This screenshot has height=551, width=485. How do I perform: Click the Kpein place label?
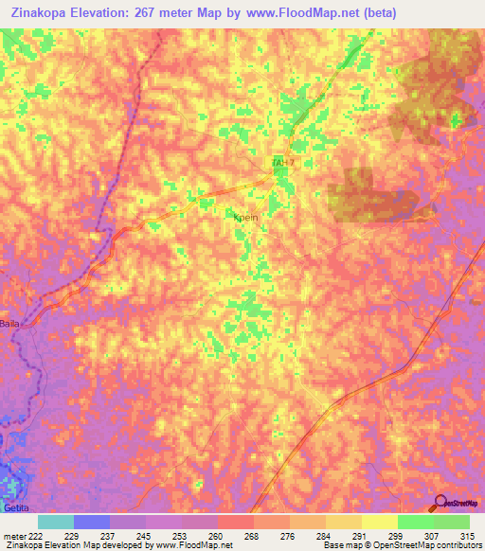[x=245, y=217]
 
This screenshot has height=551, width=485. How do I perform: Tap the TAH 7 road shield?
[x=283, y=164]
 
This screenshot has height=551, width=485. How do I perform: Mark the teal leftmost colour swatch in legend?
[x=55, y=522]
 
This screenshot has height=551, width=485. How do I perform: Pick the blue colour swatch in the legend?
[x=91, y=522]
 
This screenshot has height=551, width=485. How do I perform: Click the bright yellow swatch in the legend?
[x=379, y=522]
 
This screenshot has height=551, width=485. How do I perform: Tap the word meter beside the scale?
[x=13, y=536]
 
